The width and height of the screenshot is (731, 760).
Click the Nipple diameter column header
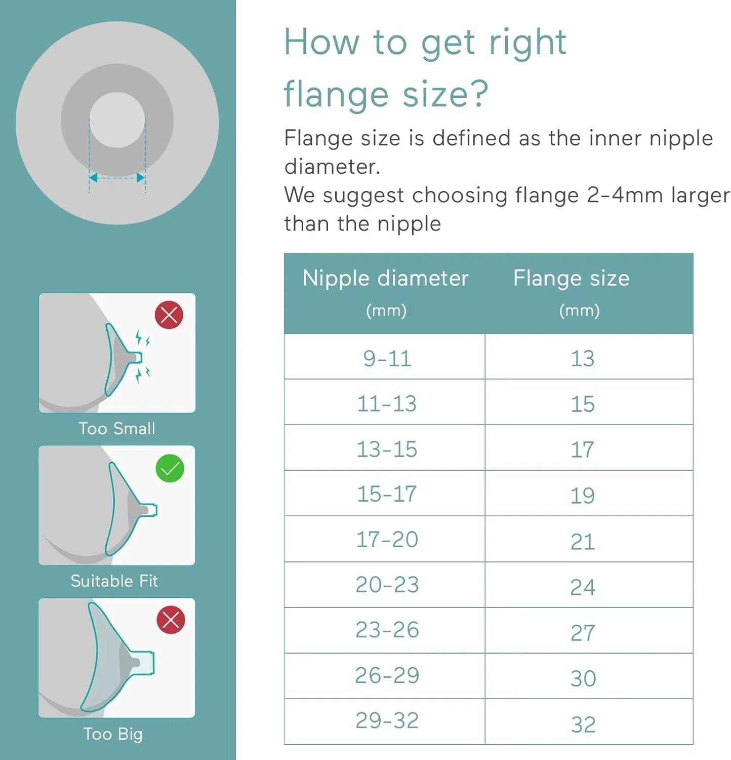(385, 293)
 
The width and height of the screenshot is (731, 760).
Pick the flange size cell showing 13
(589, 357)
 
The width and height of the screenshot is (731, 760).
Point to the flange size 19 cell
(589, 493)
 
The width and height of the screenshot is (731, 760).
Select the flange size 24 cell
(589, 585)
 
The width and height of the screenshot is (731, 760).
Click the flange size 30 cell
(589, 676)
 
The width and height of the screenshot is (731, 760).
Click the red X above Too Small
(169, 315)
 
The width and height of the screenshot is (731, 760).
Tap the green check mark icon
(170, 469)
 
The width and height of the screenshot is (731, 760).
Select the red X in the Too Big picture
(171, 620)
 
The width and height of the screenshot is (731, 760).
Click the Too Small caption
(117, 429)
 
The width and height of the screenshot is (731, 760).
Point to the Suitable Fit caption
(114, 581)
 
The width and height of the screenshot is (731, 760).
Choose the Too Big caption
(113, 734)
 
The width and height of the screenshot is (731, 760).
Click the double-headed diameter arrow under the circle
(117, 178)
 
